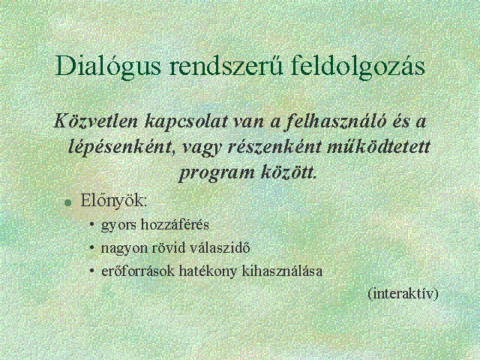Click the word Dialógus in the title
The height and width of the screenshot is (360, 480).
pyautogui.click(x=108, y=67)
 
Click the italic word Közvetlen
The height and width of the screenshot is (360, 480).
pyautogui.click(x=96, y=121)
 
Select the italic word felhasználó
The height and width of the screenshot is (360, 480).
pyautogui.click(x=335, y=121)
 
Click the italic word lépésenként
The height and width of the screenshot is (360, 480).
pyautogui.click(x=120, y=148)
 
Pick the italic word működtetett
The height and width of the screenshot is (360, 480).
pyautogui.click(x=378, y=147)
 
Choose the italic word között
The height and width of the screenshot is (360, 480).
pyautogui.click(x=287, y=172)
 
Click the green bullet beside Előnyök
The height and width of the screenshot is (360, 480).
pyautogui.click(x=68, y=202)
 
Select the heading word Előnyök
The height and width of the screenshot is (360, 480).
pyautogui.click(x=113, y=202)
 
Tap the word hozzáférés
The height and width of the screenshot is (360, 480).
pyautogui.click(x=175, y=225)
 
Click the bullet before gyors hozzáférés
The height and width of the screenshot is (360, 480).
pyautogui.click(x=91, y=223)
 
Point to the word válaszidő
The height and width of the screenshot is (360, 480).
pyautogui.click(x=220, y=247)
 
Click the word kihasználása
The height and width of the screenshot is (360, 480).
pyautogui.click(x=282, y=271)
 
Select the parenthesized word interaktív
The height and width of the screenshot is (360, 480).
pyautogui.click(x=403, y=293)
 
